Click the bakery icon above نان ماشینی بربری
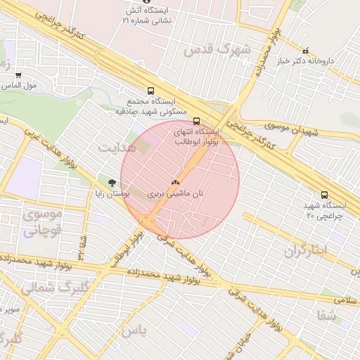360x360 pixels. (175, 181)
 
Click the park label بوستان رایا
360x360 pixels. (111, 193)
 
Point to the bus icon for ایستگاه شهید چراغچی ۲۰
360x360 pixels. (323, 195)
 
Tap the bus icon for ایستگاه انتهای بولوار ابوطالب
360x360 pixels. (196, 120)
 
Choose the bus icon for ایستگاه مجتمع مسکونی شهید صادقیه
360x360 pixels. (150, 91)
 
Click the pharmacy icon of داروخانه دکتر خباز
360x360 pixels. (305, 51)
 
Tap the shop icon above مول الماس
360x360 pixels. (18, 75)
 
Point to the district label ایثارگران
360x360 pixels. (307, 250)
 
